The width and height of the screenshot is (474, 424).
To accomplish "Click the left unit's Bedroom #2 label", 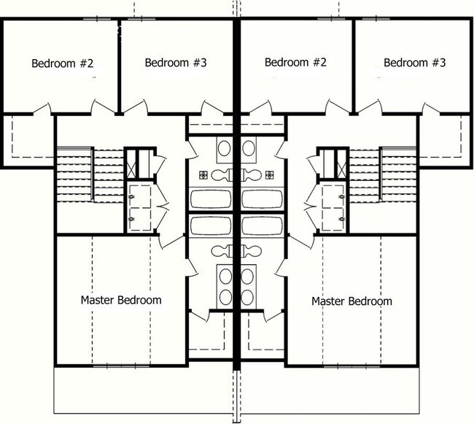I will click(x=63, y=63).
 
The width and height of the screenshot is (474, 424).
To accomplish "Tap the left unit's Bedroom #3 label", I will click(x=176, y=63).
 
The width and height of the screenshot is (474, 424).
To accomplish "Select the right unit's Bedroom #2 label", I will click(x=295, y=63).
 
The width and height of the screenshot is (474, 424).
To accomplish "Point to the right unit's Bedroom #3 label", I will click(x=414, y=63).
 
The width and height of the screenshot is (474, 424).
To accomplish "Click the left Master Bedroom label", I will click(x=121, y=300).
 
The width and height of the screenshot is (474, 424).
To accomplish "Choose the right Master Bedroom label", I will click(x=351, y=301).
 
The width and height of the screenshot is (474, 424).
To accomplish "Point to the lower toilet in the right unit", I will click(x=252, y=250).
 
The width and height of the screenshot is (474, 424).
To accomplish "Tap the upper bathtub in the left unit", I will click(x=212, y=198).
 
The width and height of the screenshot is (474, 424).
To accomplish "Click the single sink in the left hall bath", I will click(x=225, y=148).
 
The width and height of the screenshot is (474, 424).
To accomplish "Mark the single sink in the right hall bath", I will click(x=250, y=148).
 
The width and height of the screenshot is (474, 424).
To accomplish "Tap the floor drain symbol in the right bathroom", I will click(x=271, y=174).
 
